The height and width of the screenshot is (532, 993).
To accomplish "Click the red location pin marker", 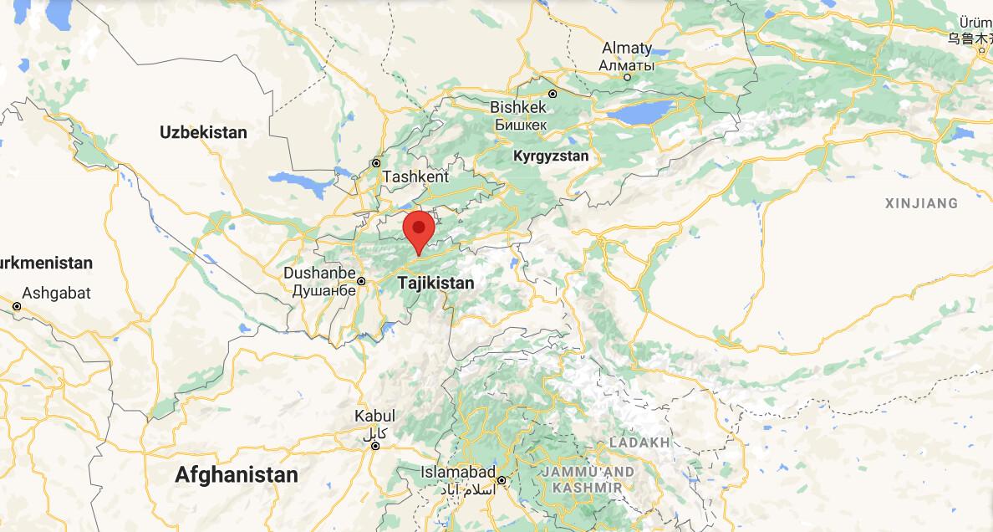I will (419, 228).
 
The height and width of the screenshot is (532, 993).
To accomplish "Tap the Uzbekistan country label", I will (203, 132).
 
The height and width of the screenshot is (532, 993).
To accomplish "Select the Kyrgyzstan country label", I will (550, 156).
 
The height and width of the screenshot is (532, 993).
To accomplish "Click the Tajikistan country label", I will (435, 283).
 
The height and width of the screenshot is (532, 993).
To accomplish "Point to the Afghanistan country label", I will (236, 475).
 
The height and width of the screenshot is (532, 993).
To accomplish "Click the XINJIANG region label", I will (921, 203).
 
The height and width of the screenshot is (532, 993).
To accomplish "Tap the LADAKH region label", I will (639, 442).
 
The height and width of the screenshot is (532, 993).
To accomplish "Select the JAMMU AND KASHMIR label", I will (588, 479).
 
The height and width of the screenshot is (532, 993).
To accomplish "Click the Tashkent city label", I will (415, 177).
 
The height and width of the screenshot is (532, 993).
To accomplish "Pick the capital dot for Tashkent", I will (376, 163).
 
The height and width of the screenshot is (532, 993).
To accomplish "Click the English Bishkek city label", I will (518, 107).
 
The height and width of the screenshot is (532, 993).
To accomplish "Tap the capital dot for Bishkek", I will (553, 94).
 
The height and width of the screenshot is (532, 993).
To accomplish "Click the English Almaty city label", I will (626, 48).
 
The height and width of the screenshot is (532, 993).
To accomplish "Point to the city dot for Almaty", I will (628, 77).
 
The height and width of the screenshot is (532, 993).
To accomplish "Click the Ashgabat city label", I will (56, 293).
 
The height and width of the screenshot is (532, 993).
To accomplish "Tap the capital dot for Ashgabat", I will (17, 307).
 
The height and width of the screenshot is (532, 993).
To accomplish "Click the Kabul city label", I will (374, 416).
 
